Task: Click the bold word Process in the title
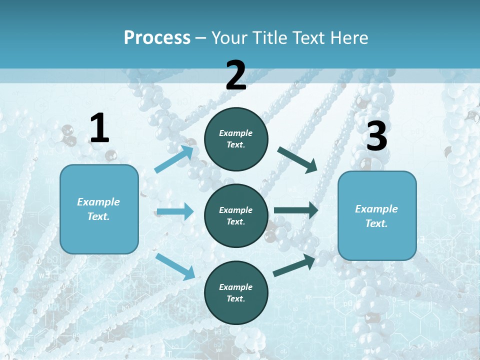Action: click(157, 38)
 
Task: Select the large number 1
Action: click(99, 128)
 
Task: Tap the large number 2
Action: click(236, 75)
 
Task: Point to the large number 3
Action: click(377, 137)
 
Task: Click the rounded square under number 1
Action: click(99, 209)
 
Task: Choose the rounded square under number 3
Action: click(377, 216)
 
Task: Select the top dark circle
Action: click(236, 139)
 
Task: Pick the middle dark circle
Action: click(236, 215)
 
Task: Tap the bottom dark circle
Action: click(236, 292)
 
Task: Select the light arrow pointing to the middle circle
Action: click(175, 211)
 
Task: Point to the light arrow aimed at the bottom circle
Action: click(175, 266)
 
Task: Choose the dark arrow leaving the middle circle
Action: click(296, 210)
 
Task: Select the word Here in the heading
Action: click(349, 38)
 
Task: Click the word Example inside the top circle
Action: click(236, 133)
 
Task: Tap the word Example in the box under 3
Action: click(376, 209)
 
